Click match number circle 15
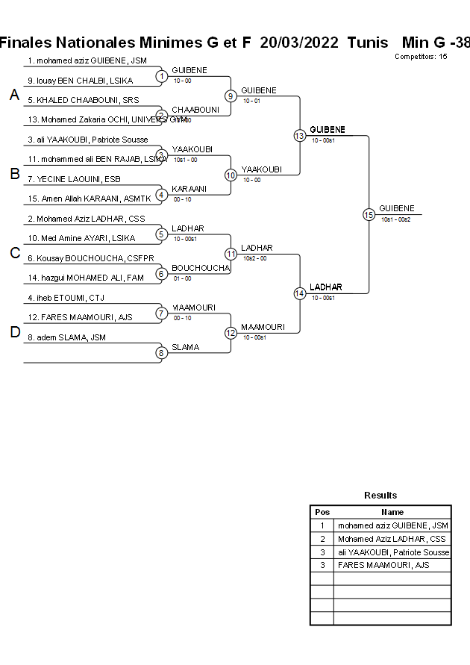[x=369, y=214]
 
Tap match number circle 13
[x=299, y=135]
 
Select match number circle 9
[x=231, y=96]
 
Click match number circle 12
[x=231, y=332]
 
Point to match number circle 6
[x=161, y=274]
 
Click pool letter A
[x=13, y=95]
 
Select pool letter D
[x=13, y=332]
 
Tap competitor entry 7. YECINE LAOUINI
[x=74, y=179]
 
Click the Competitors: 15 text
[x=421, y=57]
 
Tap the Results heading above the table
[x=380, y=495]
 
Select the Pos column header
[x=322, y=512]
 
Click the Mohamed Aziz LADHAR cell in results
[x=391, y=539]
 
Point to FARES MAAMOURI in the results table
[x=383, y=565]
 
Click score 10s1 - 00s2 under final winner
[x=395, y=219]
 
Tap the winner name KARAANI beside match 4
[x=188, y=189]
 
